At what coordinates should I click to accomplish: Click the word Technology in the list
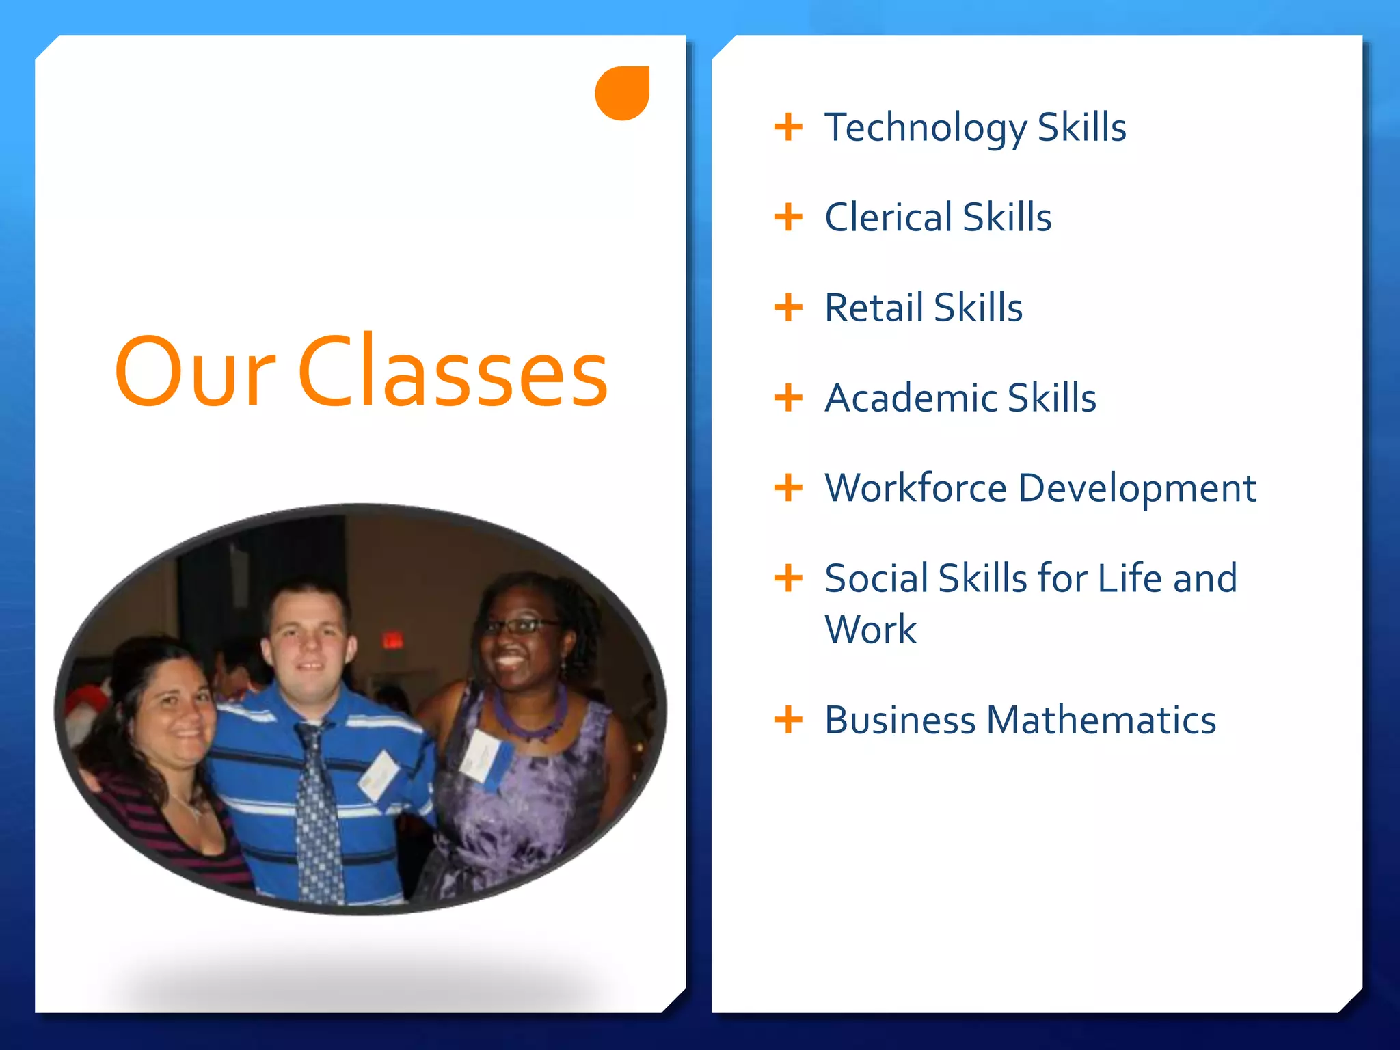tap(926, 129)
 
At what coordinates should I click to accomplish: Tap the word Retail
tap(874, 308)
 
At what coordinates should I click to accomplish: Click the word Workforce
tap(916, 488)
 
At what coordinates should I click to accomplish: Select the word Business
tap(900, 721)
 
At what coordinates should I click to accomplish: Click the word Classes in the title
tap(453, 373)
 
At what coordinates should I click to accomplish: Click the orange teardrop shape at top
tap(621, 94)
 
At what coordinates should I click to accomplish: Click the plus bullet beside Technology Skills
tap(788, 128)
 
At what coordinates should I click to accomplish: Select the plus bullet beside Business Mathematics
tap(788, 720)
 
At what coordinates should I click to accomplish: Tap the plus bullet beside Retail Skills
tap(788, 308)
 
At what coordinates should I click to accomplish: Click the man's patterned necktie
tap(318, 813)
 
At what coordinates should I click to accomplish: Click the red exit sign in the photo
tap(392, 641)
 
